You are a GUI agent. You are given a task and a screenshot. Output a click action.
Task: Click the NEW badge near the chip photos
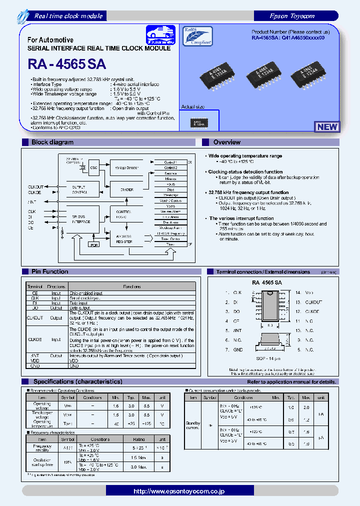click(x=327, y=126)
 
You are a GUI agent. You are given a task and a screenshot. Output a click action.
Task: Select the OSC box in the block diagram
click(x=94, y=167)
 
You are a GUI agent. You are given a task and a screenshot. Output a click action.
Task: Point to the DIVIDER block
click(x=127, y=189)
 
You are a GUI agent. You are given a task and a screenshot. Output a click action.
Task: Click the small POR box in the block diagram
click(x=93, y=245)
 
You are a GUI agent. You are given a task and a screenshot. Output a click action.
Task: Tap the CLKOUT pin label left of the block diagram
click(x=34, y=186)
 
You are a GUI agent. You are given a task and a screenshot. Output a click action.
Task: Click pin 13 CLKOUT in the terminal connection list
click(x=313, y=302)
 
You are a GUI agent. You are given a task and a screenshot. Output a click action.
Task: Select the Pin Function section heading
click(x=50, y=271)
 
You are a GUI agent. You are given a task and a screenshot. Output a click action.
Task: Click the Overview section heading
click(x=226, y=142)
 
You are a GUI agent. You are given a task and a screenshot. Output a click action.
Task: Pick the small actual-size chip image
click(x=199, y=122)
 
